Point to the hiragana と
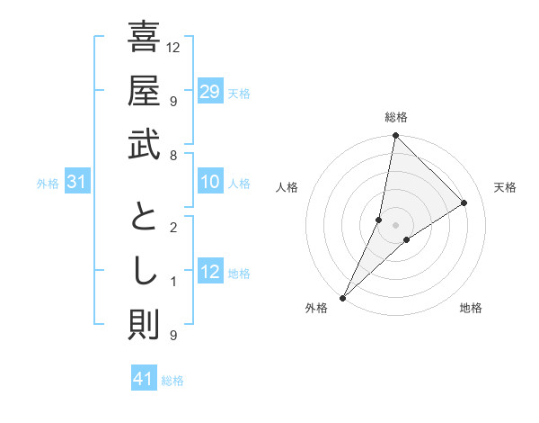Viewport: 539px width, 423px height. point(144,220)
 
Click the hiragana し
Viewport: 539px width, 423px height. point(144,273)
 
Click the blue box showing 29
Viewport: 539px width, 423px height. point(210,92)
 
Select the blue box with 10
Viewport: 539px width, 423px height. point(210,183)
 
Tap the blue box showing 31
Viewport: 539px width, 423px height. point(77,183)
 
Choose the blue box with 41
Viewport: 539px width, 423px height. point(144,379)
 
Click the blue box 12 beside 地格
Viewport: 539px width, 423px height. point(210,272)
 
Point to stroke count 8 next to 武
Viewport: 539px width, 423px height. point(172,156)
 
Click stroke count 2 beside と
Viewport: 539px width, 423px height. point(172,228)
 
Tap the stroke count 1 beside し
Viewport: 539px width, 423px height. point(172,282)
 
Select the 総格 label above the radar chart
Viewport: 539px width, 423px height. point(395,117)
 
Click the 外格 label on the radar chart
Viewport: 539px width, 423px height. point(316,308)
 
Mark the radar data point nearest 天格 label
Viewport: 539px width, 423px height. point(464,202)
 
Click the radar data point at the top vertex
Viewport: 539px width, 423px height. point(395,136)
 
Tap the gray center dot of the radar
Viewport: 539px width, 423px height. point(395,225)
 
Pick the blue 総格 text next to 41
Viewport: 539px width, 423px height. point(172,381)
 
